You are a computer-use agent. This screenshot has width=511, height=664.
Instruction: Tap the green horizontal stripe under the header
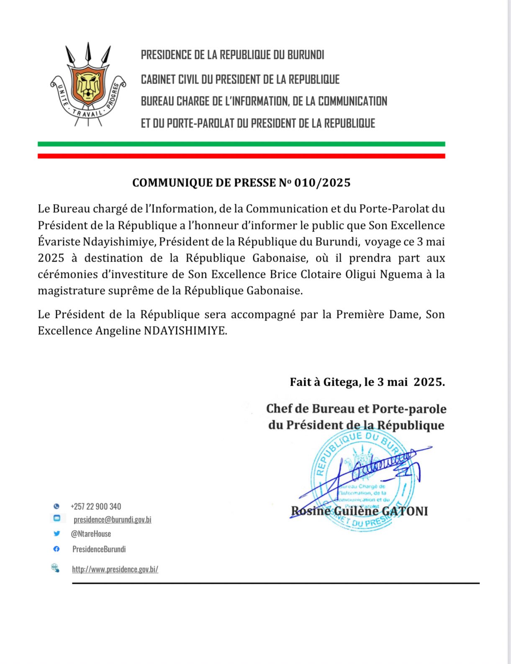point(241,144)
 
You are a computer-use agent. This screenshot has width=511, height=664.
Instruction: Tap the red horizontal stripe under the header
point(241,156)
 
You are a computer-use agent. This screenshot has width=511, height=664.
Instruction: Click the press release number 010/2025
point(322,183)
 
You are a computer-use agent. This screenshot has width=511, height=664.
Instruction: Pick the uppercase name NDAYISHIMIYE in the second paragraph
point(185,331)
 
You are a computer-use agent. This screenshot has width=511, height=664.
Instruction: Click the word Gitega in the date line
point(341,382)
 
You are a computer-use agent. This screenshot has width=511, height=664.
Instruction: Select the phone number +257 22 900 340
point(96,506)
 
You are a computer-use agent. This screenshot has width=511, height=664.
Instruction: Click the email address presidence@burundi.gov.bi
point(112,519)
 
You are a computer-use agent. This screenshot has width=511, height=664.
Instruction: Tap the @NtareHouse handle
point(91,534)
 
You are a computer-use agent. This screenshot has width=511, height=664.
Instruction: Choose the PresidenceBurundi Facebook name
point(99,549)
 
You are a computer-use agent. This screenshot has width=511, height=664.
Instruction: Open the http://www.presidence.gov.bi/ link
point(115,569)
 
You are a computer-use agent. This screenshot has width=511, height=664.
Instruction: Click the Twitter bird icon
point(56,534)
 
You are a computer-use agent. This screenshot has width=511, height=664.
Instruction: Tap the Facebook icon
point(56,549)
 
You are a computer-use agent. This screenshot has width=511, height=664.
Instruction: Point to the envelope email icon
point(56,518)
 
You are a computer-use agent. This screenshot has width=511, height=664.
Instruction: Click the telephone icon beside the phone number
point(56,506)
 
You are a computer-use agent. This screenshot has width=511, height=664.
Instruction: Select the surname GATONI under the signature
point(405,511)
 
